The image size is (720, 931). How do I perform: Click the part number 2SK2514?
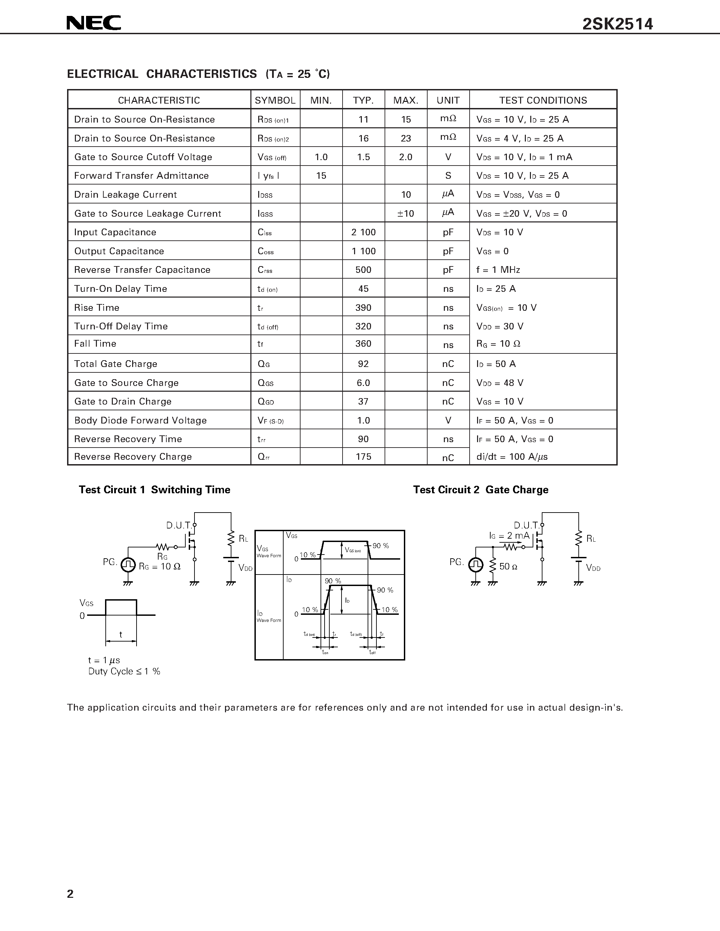[x=617, y=24]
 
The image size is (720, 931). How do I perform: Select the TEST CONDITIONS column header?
[x=543, y=100]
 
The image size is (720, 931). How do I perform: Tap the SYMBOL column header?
[x=275, y=100]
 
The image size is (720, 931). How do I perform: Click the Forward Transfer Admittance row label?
[x=141, y=176]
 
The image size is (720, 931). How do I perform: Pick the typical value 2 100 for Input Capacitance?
[x=364, y=232]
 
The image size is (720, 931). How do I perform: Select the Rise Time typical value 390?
[x=364, y=308]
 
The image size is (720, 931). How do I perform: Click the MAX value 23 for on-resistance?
[x=406, y=138]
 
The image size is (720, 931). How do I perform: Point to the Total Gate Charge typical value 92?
[x=364, y=364]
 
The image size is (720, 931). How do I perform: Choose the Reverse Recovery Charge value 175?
[x=364, y=457]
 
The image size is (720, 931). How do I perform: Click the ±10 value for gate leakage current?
[x=406, y=214]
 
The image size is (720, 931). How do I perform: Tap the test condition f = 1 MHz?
[x=498, y=270]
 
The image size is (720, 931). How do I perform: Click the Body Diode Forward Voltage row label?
[x=140, y=420]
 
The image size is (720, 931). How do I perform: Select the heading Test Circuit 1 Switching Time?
[x=155, y=490]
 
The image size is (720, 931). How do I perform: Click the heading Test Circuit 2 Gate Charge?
[x=481, y=490]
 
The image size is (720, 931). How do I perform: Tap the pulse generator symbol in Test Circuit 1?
[x=128, y=565]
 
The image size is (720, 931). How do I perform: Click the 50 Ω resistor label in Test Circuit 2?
[x=508, y=566]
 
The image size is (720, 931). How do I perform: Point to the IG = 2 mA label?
[x=509, y=536]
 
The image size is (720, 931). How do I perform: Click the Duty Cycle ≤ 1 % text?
[x=124, y=671]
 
